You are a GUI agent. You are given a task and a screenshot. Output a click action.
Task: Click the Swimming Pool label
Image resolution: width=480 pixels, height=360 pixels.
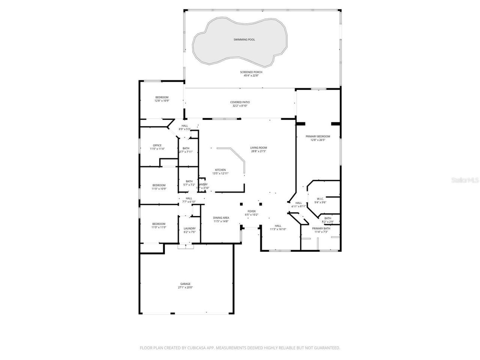(244, 39)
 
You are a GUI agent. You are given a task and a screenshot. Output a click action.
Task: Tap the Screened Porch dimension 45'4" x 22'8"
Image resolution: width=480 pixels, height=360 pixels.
(251, 75)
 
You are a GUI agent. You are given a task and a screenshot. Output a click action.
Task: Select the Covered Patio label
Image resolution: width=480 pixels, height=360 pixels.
(240, 102)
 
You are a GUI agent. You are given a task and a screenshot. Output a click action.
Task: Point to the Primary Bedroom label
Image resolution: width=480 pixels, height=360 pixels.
(318, 136)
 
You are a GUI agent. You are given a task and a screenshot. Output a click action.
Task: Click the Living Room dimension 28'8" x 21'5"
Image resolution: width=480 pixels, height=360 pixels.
(258, 151)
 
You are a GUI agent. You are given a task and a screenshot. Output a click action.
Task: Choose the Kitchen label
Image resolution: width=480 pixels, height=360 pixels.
(220, 170)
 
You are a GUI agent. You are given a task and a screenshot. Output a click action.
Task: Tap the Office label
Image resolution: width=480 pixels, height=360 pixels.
(157, 145)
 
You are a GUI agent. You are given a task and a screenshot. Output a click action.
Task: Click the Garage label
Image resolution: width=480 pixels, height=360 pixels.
(185, 284)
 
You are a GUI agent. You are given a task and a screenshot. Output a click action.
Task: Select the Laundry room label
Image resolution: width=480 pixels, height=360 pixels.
(189, 228)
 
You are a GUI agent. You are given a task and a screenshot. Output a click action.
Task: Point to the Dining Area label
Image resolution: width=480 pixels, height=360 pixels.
(221, 218)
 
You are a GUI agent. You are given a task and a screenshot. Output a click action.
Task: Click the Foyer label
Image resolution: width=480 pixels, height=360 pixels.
(251, 211)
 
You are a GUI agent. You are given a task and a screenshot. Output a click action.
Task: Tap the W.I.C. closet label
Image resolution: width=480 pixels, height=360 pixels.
(320, 199)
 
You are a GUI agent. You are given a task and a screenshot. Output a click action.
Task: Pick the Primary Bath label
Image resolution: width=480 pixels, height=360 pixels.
(321, 228)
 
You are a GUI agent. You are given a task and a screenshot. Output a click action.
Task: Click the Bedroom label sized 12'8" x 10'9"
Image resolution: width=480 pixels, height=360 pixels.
(162, 97)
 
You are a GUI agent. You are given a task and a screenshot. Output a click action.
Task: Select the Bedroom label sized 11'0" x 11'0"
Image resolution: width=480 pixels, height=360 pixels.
(159, 224)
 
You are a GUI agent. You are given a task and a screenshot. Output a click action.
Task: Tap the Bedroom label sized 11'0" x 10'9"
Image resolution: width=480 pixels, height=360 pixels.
(159, 185)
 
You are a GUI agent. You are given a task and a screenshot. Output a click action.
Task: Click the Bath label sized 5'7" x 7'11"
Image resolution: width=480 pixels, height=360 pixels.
(186, 148)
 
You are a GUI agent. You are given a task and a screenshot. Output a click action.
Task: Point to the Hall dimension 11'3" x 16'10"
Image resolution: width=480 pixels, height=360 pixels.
(278, 229)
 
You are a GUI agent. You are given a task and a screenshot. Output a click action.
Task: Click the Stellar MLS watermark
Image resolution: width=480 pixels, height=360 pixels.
(465, 180)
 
